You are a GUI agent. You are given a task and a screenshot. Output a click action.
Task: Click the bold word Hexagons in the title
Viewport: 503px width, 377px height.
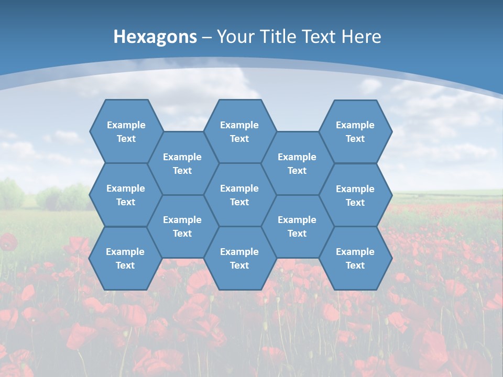(x=155, y=37)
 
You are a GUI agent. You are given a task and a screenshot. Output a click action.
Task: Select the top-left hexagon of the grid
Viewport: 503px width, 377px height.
(x=126, y=131)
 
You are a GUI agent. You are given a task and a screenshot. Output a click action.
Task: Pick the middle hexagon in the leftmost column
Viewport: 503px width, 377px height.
(x=126, y=195)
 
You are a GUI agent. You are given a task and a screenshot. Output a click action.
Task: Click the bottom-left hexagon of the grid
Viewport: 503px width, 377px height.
(x=125, y=258)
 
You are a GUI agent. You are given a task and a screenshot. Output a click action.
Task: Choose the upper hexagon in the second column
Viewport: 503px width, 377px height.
(x=182, y=163)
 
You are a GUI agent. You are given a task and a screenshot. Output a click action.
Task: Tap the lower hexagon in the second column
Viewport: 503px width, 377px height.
(x=182, y=226)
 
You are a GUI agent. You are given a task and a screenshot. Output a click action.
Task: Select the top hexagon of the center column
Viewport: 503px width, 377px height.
(x=239, y=131)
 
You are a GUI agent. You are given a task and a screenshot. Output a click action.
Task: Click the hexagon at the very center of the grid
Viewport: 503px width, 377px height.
(x=239, y=195)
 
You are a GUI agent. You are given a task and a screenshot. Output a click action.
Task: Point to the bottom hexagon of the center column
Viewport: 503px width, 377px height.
(x=239, y=258)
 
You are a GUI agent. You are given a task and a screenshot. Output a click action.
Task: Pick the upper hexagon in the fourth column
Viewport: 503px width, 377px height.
(x=297, y=163)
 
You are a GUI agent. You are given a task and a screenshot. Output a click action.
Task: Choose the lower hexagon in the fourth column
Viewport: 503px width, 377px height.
(x=297, y=226)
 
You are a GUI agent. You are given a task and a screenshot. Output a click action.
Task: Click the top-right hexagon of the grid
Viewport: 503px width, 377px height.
(x=355, y=131)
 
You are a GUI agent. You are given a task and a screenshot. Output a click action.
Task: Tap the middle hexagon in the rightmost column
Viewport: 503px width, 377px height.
(x=355, y=195)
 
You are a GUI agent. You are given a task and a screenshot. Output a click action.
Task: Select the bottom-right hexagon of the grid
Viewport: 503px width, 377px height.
(x=355, y=258)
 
